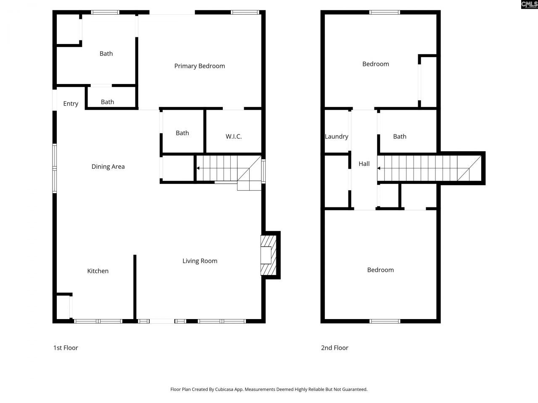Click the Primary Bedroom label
pos(199,66)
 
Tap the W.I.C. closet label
pos(233,136)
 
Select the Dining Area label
pos(108,167)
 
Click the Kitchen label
pos(98,271)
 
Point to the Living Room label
pos(200,261)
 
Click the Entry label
pos(71,104)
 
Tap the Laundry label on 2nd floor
pos(336,136)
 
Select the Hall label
pos(364,164)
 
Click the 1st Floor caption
pos(66,348)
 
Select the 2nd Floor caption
pos(335,348)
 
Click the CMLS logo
pos(529,5)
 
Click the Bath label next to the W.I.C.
pos(182,133)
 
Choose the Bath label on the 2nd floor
pos(399,136)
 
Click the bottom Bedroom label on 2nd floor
pos(380,270)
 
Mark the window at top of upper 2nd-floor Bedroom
pos(385,12)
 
